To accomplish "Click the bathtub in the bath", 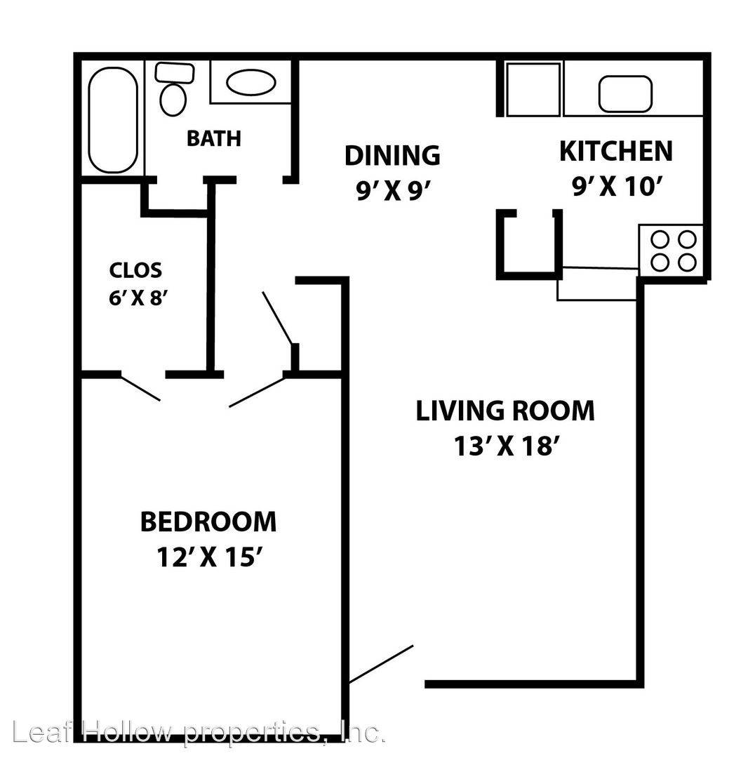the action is (113, 120).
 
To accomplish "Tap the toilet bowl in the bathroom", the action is (173, 99).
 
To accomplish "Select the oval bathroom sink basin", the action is (251, 82).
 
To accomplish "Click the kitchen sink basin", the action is (625, 94).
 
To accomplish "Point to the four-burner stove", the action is (672, 251).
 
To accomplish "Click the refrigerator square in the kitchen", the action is (533, 89).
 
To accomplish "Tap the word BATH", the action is (213, 138).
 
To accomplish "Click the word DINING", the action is (392, 155).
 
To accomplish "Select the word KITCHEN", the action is (616, 151).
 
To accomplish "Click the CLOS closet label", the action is (135, 270).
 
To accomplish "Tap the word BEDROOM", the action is (208, 522).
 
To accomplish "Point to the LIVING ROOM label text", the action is (505, 411).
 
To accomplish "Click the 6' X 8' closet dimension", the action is (138, 298).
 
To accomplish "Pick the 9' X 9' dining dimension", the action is (392, 190).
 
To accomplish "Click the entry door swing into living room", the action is (380, 664).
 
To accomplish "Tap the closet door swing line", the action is (140, 388).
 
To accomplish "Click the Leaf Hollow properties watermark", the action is (199, 732).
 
